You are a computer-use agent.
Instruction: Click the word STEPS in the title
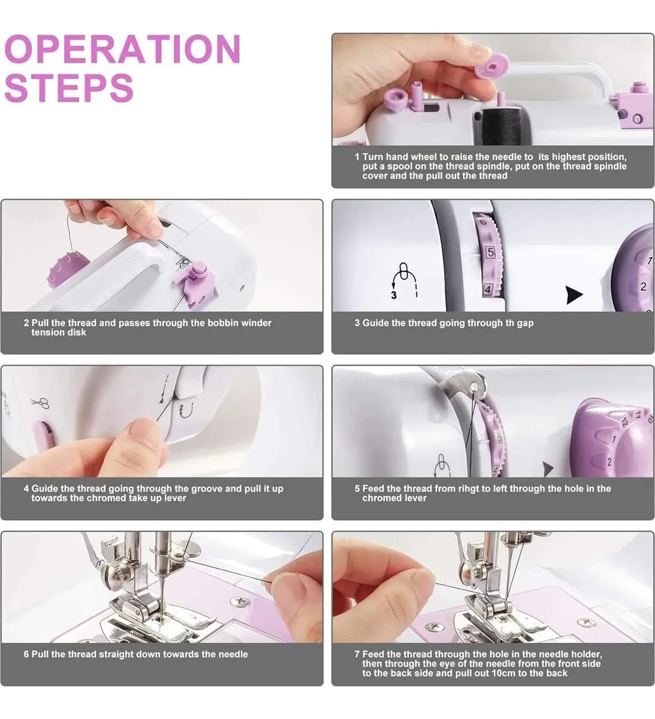tap(69, 88)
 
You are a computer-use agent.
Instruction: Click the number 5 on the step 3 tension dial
tap(490, 253)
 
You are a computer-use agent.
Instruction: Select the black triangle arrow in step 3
tap(574, 295)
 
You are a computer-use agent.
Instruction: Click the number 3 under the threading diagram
tap(394, 295)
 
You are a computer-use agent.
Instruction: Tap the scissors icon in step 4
tap(40, 403)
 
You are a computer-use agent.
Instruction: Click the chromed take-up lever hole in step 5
tap(474, 386)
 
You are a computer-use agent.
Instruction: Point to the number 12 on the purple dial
tap(624, 422)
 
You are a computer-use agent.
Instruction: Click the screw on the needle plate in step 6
tap(240, 600)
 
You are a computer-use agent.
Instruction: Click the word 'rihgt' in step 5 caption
tap(469, 488)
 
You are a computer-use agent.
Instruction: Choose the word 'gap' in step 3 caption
tap(525, 324)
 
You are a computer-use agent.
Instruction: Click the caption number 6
tap(26, 654)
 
